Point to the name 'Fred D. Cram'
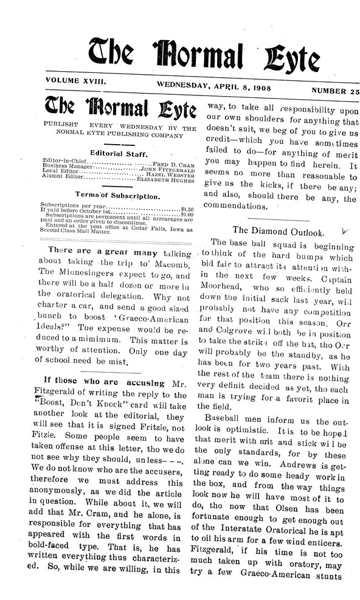tap(173, 165)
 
